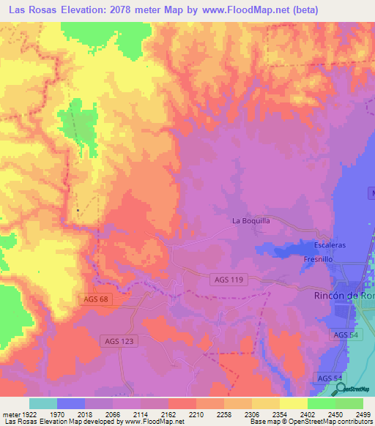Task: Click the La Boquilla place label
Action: tap(251, 220)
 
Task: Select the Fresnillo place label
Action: tap(319, 259)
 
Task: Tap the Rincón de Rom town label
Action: tap(344, 296)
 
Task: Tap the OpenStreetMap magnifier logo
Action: tap(341, 389)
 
